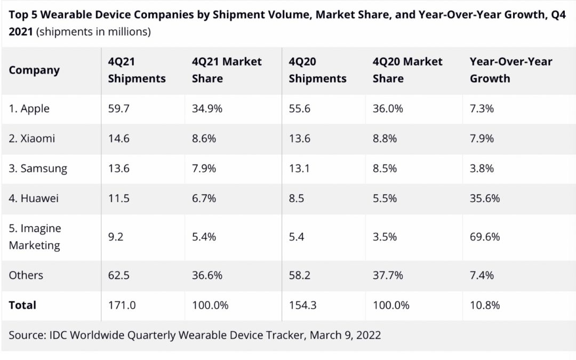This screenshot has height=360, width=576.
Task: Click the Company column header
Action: coord(34,70)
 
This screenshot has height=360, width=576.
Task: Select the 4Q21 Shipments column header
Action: coord(137,70)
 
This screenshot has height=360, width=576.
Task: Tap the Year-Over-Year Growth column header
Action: coord(510,70)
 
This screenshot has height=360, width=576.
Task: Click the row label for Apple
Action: coord(29,109)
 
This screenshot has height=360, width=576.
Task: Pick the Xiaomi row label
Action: coord(32,139)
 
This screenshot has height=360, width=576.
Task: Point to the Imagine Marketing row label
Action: coord(35,237)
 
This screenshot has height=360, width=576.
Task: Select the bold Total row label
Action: coord(22,305)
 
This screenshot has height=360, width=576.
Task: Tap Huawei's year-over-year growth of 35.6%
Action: coord(484,198)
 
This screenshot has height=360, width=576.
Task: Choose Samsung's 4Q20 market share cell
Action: coord(385,169)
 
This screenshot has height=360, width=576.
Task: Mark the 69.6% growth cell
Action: coord(484,237)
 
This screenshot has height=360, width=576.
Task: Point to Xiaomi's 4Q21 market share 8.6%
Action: coord(204,139)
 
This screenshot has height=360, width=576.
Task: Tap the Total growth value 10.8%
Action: coord(484,305)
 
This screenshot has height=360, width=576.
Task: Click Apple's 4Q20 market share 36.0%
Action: coord(387,109)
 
